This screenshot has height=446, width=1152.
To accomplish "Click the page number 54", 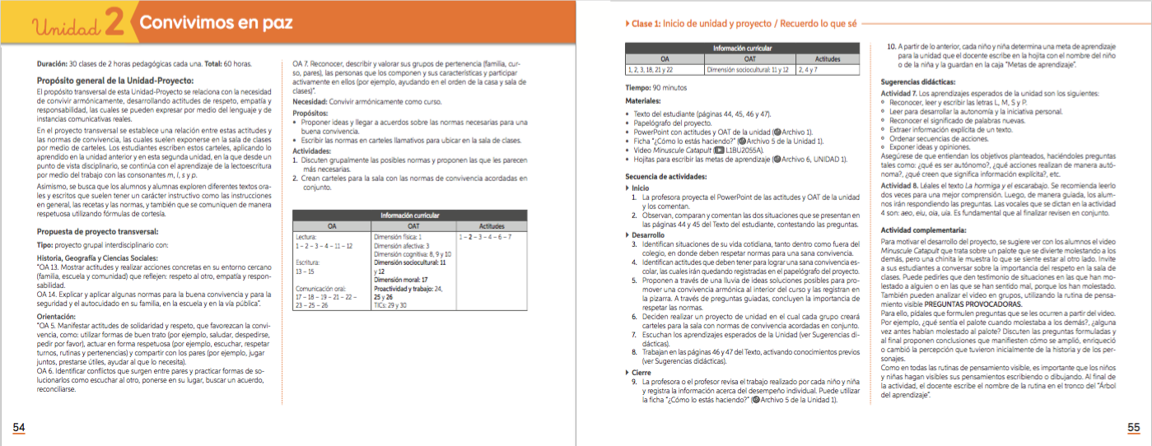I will (18, 427).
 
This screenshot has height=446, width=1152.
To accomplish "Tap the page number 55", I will (1134, 427).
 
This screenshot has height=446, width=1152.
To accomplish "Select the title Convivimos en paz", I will (216, 24).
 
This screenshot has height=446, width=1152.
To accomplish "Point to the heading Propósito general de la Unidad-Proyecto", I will (115, 80).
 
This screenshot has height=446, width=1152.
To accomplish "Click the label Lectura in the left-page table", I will (306, 236).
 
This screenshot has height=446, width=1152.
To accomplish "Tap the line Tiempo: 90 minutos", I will (656, 86).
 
